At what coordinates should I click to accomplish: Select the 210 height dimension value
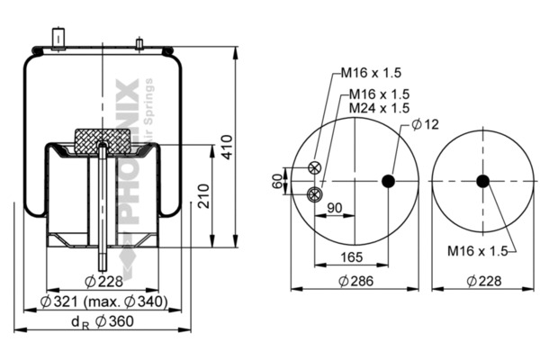pyautogui.click(x=204, y=195)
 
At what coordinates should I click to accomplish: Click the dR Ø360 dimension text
pyautogui.click(x=102, y=321)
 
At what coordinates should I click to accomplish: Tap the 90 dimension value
pyautogui.click(x=335, y=208)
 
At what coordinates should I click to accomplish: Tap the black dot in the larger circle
pyautogui.click(x=389, y=181)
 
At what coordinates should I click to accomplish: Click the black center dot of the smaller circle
pyautogui.click(x=482, y=181)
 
